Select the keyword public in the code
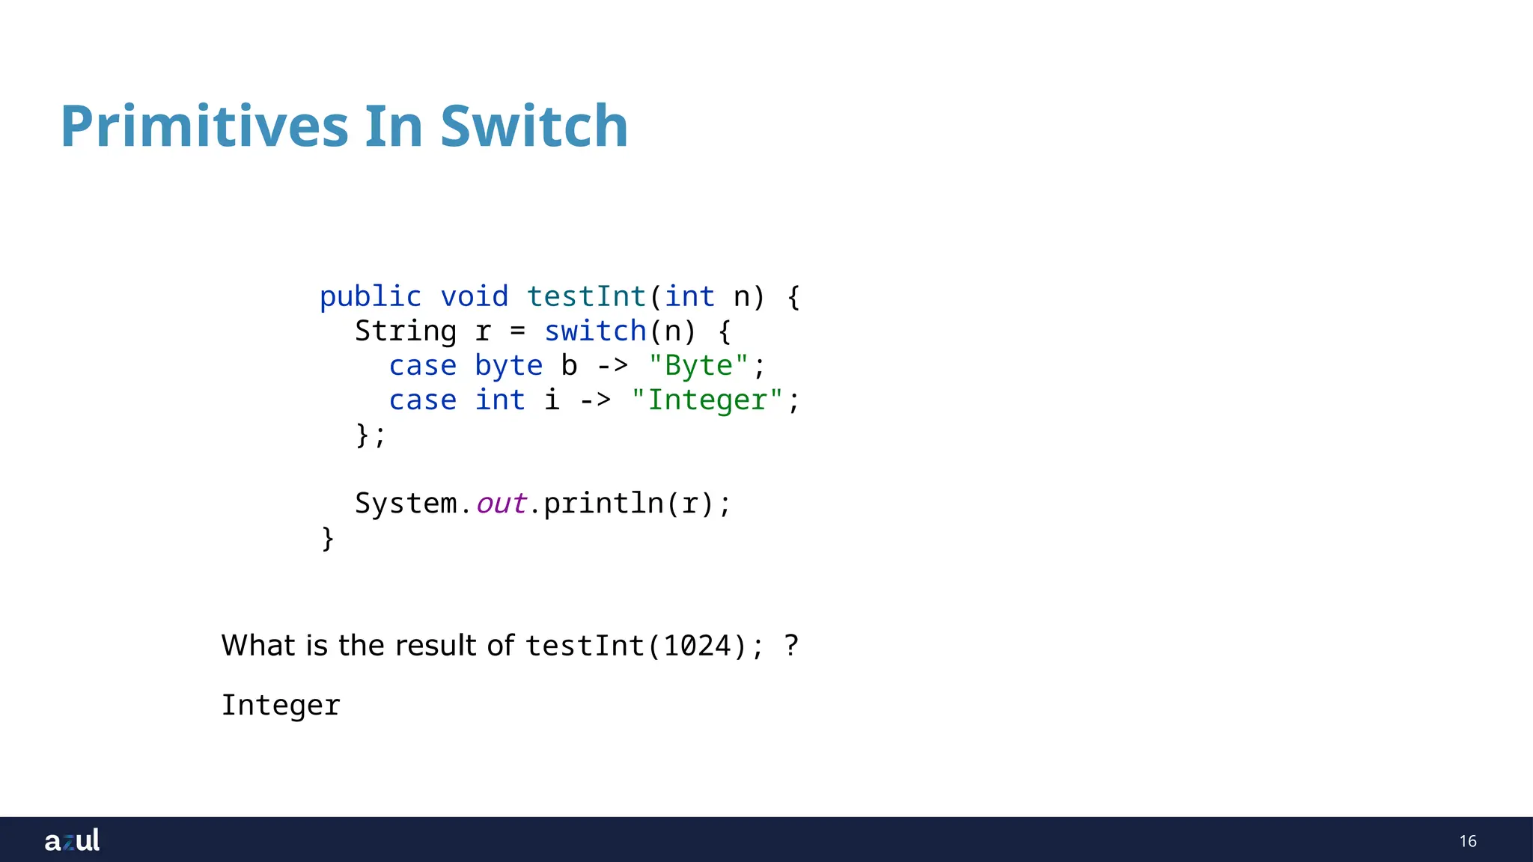(x=371, y=297)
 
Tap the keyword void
(x=474, y=297)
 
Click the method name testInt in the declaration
(x=586, y=297)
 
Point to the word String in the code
(x=405, y=331)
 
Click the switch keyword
(x=595, y=331)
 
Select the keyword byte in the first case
(x=508, y=366)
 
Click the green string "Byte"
(x=698, y=366)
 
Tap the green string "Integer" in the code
(x=707, y=400)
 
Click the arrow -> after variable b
(x=612, y=366)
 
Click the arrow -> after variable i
(x=595, y=400)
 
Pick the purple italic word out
(x=501, y=504)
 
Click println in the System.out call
(x=603, y=504)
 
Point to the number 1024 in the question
(x=698, y=646)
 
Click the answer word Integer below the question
(x=281, y=706)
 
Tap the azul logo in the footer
(x=72, y=840)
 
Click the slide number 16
(x=1467, y=841)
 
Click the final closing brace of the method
(x=327, y=539)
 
